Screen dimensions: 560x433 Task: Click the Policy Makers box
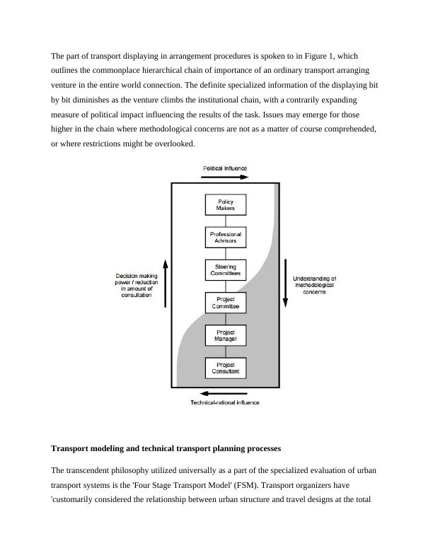tap(226, 205)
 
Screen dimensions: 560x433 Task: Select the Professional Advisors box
tap(226, 238)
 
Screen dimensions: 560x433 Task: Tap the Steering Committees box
tap(226, 270)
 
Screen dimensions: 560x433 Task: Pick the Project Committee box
tap(226, 303)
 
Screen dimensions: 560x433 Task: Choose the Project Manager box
tap(226, 335)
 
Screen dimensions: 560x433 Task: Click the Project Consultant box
tap(226, 368)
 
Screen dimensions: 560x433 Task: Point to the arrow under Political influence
tap(226, 177)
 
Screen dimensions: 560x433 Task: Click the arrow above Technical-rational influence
tap(225, 394)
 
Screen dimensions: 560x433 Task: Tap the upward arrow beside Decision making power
tap(166, 284)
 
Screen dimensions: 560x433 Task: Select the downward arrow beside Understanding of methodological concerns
tap(285, 284)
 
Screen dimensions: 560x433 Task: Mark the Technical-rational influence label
tap(225, 403)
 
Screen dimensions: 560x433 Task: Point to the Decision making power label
tap(137, 285)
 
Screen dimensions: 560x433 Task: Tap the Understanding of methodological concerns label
tap(315, 285)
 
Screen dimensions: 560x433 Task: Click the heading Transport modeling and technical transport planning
tap(166, 448)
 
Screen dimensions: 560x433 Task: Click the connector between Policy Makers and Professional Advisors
tap(226, 221)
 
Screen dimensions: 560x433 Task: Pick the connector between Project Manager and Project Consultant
tap(226, 351)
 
